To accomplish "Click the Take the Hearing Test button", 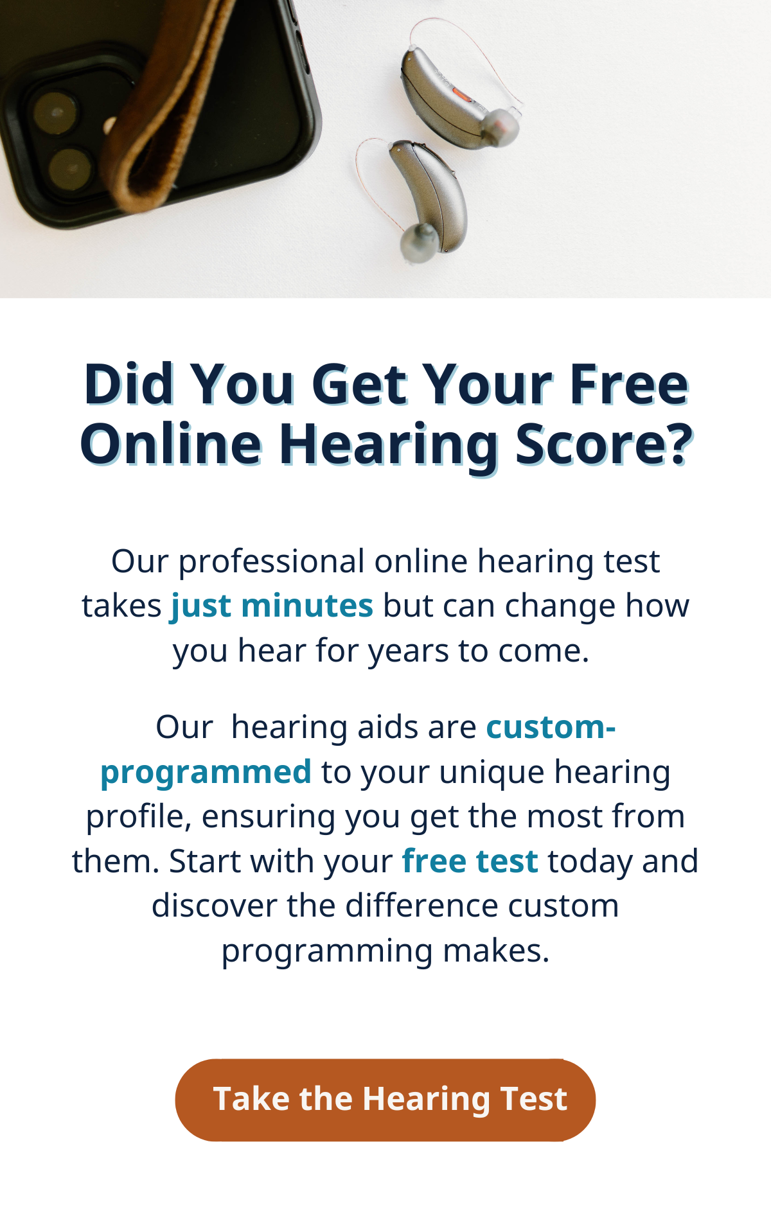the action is [x=385, y=1100].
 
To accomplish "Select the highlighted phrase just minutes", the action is [x=272, y=606].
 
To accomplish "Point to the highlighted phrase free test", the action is [x=470, y=861].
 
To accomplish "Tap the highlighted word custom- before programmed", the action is [x=551, y=728].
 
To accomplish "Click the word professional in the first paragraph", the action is [x=271, y=563].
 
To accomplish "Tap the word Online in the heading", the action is [x=171, y=444].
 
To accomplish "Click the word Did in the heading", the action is [x=129, y=385].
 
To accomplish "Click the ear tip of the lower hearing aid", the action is [x=418, y=242].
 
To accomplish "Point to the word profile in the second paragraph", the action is [x=139, y=818].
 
